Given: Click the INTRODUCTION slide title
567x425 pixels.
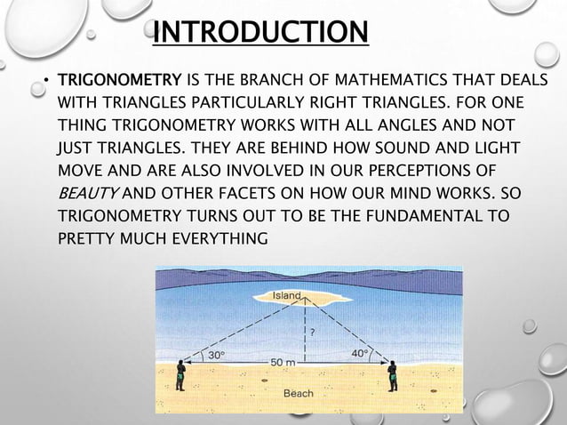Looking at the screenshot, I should coord(260,33).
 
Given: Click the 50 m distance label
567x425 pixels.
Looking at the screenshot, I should coord(283,363).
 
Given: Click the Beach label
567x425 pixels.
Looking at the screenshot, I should coord(298,393).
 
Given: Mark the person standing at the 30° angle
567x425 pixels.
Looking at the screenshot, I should coord(180,374).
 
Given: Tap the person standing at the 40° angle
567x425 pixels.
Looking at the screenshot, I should coord(392,374).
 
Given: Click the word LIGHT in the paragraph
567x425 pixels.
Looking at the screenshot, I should coord(497,147).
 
